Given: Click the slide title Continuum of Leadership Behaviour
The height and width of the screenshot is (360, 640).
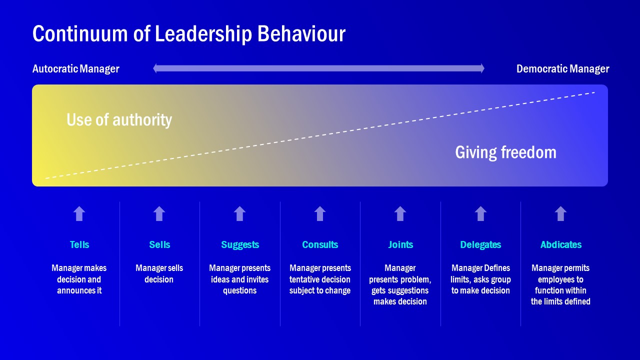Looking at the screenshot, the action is [x=189, y=34].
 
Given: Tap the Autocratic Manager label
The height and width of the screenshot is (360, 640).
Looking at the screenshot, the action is [x=75, y=69].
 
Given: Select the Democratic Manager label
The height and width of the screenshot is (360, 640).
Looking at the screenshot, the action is [x=562, y=69].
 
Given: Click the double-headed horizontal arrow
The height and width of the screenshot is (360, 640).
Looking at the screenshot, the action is [x=318, y=68].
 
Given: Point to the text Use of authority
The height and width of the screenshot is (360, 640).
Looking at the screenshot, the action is [x=119, y=119].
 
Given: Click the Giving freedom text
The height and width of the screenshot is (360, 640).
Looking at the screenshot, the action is [x=505, y=152].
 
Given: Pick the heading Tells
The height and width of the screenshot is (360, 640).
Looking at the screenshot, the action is [x=79, y=244].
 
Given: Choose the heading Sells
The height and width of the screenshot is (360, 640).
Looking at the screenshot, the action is [x=159, y=244].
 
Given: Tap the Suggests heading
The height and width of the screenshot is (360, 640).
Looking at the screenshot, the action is [x=240, y=245].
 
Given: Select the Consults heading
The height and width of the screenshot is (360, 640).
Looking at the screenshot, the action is [x=320, y=244].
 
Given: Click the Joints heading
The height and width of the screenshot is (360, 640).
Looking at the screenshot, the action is [x=400, y=244].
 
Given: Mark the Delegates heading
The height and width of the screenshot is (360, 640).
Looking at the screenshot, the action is [x=480, y=245].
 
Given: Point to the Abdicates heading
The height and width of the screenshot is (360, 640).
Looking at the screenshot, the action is [x=561, y=244].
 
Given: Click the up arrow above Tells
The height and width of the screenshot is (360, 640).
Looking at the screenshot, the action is [x=79, y=213].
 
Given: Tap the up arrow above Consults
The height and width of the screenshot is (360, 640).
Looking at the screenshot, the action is [x=320, y=213].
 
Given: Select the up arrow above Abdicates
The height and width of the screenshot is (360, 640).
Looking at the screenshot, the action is [x=560, y=213].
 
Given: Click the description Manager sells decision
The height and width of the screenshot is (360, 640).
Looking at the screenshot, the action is [x=159, y=273].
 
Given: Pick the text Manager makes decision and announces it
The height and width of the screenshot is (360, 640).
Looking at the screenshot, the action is [x=79, y=279].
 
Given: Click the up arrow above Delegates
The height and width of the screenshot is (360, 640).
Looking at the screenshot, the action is [x=480, y=213].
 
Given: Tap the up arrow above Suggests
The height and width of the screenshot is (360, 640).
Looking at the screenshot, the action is [x=239, y=213].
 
